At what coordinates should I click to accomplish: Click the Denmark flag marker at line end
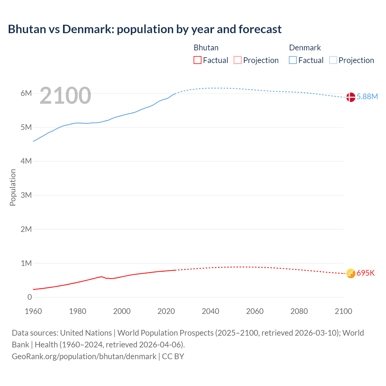pyautogui.click(x=350, y=97)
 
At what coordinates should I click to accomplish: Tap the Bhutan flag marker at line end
pyautogui.click(x=350, y=273)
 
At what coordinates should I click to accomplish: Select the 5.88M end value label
pyautogui.click(x=367, y=96)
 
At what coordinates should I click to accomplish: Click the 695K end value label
pyautogui.click(x=365, y=273)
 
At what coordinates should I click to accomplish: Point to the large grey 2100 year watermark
pyautogui.click(x=65, y=96)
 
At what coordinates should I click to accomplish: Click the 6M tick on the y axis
pyautogui.click(x=26, y=93)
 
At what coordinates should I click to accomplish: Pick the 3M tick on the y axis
pyautogui.click(x=26, y=195)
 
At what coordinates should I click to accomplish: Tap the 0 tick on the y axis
pyautogui.click(x=30, y=297)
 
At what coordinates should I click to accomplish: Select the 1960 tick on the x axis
pyautogui.click(x=33, y=311)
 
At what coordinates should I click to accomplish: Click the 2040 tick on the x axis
pyautogui.click(x=210, y=311)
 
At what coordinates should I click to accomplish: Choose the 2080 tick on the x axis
pyautogui.click(x=299, y=311)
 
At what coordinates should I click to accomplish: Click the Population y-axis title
pyautogui.click(x=13, y=187)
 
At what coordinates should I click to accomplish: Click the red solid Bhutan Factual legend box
pyautogui.click(x=197, y=60)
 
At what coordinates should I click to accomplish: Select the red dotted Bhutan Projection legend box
pyautogui.click(x=238, y=60)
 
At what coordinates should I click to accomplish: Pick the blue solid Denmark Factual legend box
pyautogui.click(x=293, y=60)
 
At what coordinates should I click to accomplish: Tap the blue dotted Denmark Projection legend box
pyautogui.click(x=333, y=60)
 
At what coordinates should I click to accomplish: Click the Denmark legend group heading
pyautogui.click(x=305, y=48)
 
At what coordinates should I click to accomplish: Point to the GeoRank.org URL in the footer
pyautogui.click(x=84, y=356)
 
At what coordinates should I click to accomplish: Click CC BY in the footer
pyautogui.click(x=173, y=356)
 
